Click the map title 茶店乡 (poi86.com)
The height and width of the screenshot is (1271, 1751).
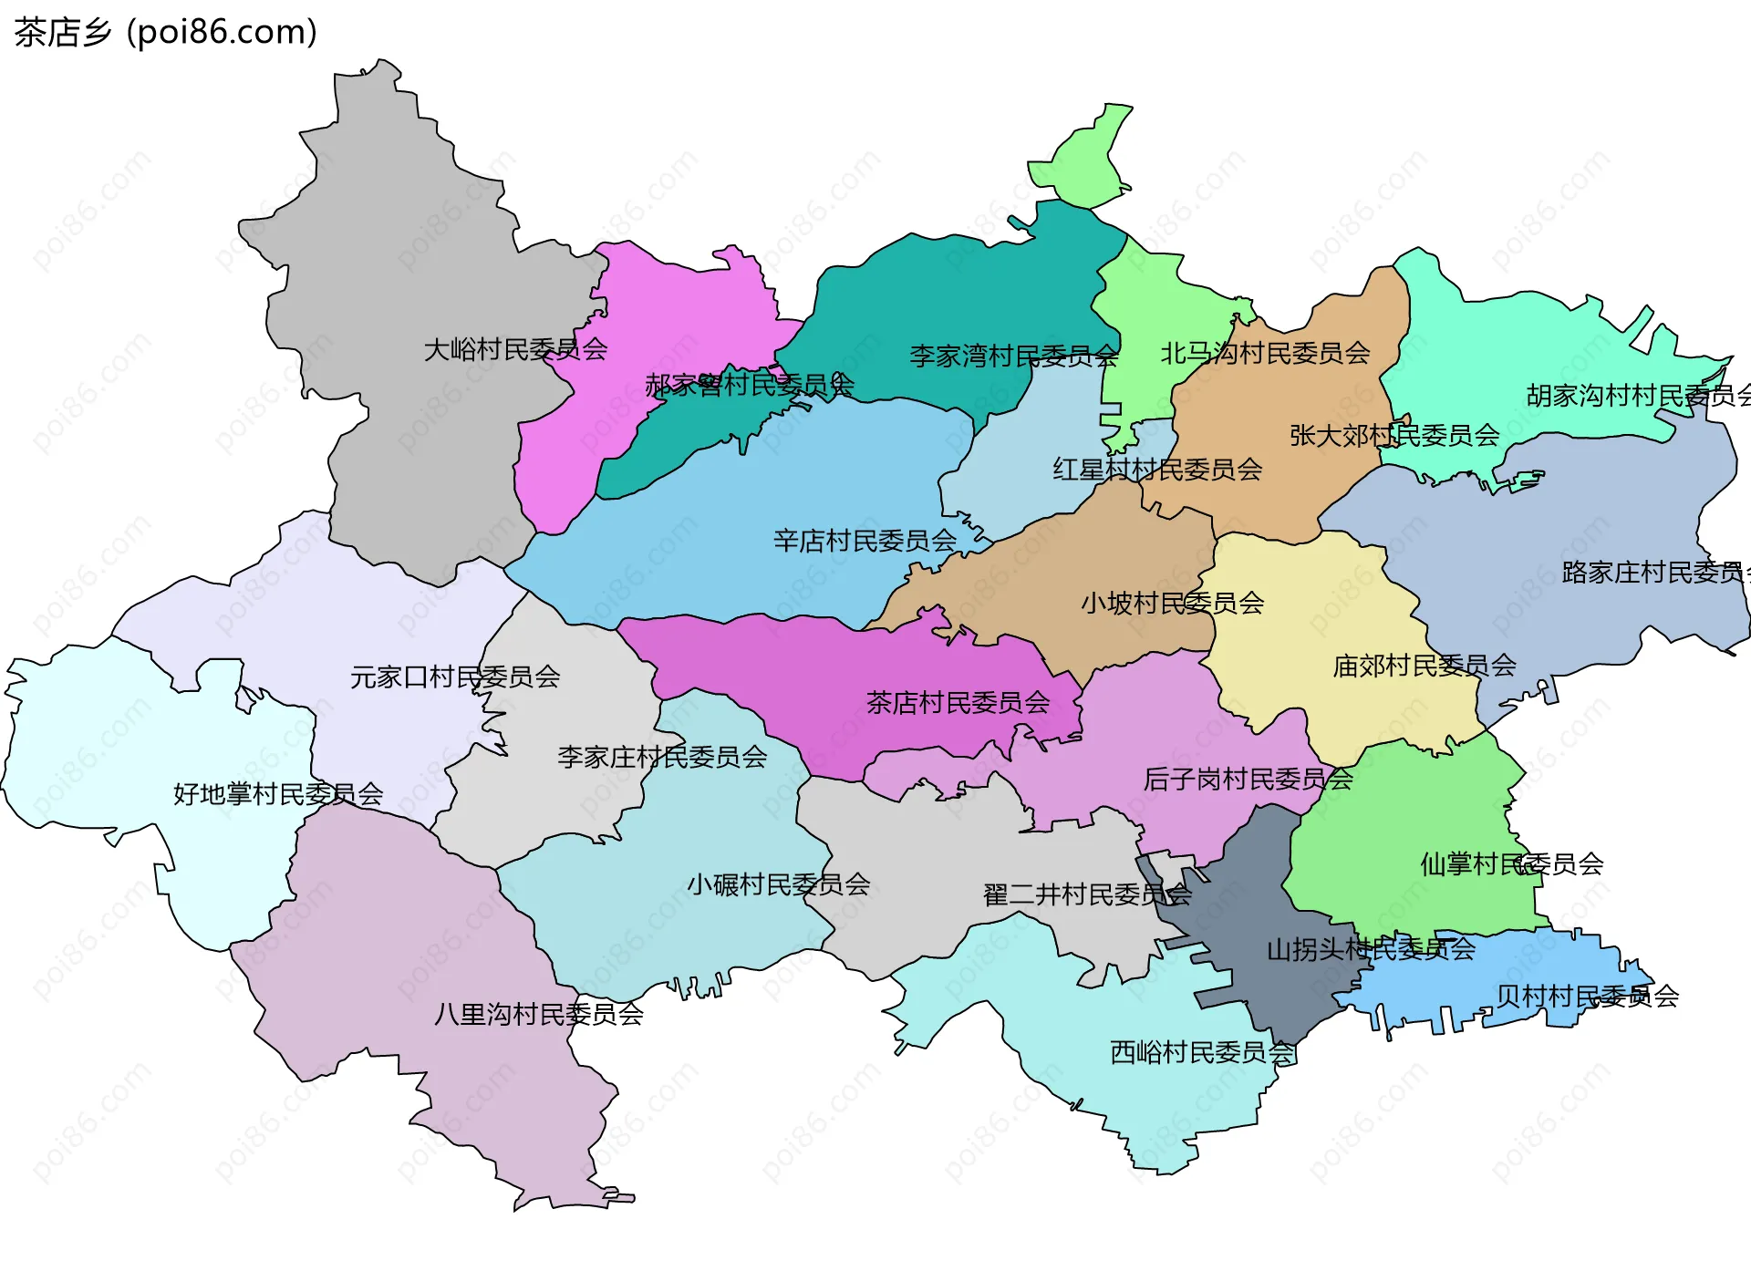165,32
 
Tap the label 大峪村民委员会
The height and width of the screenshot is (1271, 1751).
515,349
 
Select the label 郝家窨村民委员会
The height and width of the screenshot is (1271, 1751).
749,385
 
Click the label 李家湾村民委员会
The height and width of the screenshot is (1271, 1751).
1013,356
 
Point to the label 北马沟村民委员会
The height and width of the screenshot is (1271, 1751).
1265,353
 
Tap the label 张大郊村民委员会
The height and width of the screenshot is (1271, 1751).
1394,435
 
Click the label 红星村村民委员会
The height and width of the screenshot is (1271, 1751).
1157,470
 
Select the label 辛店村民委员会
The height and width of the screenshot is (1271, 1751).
865,541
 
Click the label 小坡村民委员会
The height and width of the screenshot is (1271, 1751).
1172,603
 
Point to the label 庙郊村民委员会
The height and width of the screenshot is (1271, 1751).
1424,666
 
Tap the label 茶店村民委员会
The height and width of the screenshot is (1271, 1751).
958,702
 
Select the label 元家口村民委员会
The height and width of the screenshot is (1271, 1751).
454,677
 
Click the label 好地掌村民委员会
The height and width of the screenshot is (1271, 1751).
278,793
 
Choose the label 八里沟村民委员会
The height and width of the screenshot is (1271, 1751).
538,1014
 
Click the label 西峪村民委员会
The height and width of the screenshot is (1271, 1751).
1202,1052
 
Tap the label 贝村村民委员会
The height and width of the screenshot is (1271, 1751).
1587,996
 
